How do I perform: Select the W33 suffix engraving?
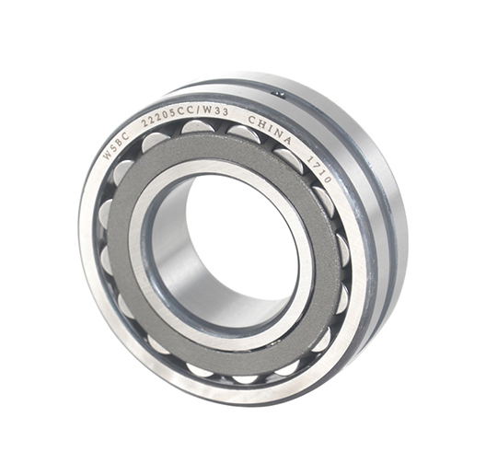tap(217, 110)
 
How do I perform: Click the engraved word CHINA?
tap(271, 130)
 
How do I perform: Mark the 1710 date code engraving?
tap(319, 169)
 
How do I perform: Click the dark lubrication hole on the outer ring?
tap(279, 92)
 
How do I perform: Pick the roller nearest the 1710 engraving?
tap(323, 201)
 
